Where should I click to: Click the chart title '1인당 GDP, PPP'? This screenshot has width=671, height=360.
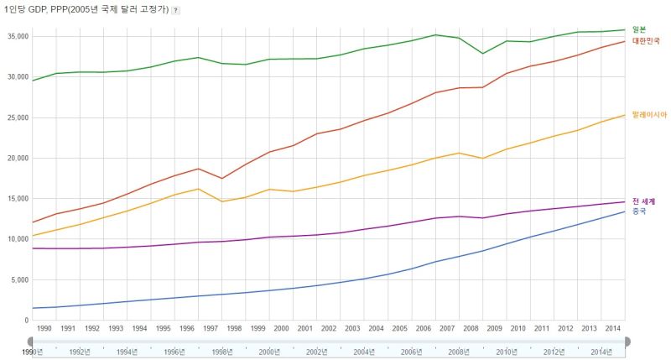(x=35, y=9)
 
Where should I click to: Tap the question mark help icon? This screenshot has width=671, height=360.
(x=175, y=10)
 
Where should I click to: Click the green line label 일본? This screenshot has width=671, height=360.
(x=639, y=29)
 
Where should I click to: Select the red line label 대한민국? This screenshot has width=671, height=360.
(x=646, y=41)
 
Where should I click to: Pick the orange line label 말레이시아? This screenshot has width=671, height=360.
(x=649, y=115)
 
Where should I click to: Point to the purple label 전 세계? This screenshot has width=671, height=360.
(x=643, y=201)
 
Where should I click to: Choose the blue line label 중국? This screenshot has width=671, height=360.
(x=639, y=211)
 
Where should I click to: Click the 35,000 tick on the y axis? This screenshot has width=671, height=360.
(x=18, y=37)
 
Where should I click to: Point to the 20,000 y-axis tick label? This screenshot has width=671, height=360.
(x=18, y=159)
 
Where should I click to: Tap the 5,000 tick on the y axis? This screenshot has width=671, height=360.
(x=19, y=280)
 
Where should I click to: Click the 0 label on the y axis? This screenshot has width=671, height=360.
(x=27, y=321)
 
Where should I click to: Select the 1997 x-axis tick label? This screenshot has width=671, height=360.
(x=211, y=329)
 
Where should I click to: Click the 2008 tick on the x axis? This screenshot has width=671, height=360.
(x=471, y=329)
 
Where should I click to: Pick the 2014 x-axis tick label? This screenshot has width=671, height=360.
(x=613, y=329)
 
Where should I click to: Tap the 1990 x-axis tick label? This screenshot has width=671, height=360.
(x=44, y=329)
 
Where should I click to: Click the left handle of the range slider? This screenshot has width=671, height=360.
(x=30, y=342)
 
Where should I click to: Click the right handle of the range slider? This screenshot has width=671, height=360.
(x=627, y=342)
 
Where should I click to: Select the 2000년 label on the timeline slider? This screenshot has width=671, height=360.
(x=269, y=352)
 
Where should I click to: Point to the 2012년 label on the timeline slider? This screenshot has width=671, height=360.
(x=554, y=352)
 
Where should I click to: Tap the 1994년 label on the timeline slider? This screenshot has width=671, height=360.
(x=127, y=352)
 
